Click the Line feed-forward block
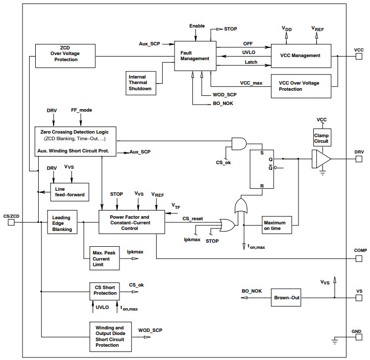click(69, 192)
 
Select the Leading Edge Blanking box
click(62, 222)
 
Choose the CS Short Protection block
click(105, 290)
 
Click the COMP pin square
click(359, 259)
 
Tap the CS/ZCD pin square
click(11, 222)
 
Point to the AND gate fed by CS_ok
click(238, 144)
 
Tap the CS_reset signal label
click(193, 218)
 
